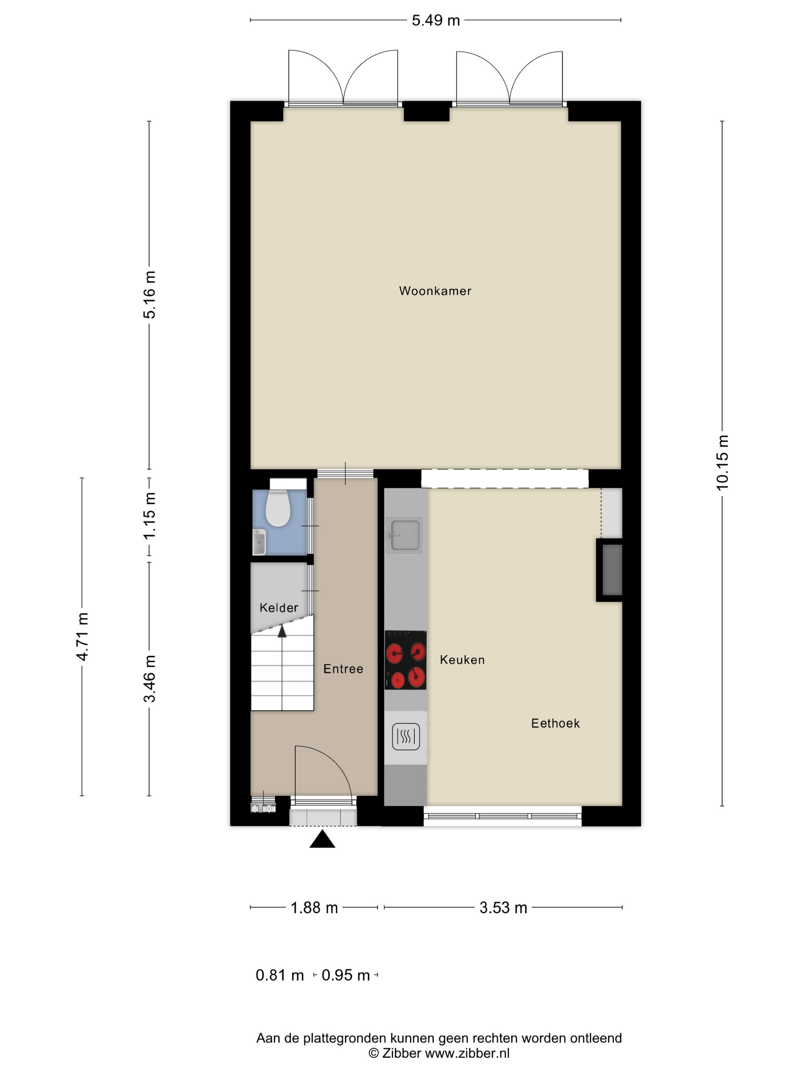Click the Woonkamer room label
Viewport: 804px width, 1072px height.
[435, 291]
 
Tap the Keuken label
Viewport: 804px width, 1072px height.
[462, 660]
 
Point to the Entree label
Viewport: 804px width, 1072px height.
[343, 669]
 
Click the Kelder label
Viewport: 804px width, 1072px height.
[279, 608]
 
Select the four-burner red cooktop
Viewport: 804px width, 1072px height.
[405, 660]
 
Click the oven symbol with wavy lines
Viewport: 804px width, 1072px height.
[405, 737]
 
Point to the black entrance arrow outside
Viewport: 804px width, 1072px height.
[322, 839]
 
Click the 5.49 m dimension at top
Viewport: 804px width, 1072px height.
[436, 20]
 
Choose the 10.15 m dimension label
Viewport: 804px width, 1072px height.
[722, 463]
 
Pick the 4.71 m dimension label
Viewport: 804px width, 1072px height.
[82, 636]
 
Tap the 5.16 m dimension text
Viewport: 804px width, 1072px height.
[149, 295]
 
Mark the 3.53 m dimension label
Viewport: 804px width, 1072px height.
[503, 908]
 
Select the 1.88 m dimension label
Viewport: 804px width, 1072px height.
[314, 908]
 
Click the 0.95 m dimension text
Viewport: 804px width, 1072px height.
[346, 975]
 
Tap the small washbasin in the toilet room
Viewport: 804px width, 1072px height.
[259, 542]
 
